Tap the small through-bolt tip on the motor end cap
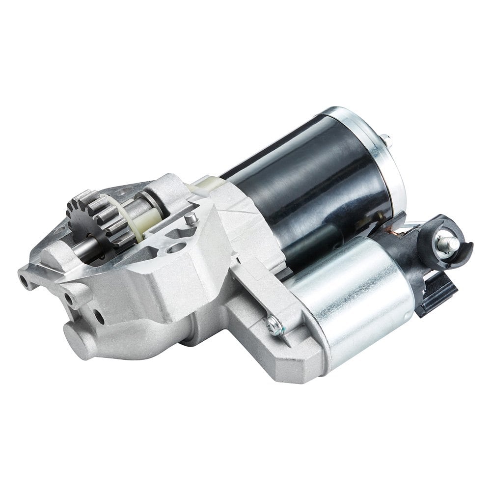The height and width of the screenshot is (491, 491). coord(386,138)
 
